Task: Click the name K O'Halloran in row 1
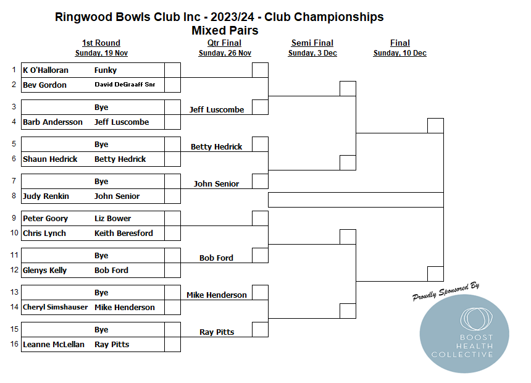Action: [45, 70]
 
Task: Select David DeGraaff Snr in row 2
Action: [125, 85]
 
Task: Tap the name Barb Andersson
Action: [52, 122]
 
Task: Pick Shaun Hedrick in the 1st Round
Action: [50, 159]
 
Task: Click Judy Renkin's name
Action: [46, 196]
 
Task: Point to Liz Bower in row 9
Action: [112, 218]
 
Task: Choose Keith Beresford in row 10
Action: [123, 233]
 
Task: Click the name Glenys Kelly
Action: [44, 271]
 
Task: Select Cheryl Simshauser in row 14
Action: [55, 307]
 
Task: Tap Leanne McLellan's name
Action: [54, 344]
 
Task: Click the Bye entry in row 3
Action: [101, 107]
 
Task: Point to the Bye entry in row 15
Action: [101, 329]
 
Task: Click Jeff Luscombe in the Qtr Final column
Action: [216, 109]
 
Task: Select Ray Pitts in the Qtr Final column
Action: [217, 332]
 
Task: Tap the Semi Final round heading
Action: [312, 43]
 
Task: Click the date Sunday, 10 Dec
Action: [400, 53]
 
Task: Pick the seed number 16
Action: [14, 344]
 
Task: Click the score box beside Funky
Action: [172, 70]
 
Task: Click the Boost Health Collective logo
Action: [464, 334]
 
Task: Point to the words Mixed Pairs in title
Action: [225, 30]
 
